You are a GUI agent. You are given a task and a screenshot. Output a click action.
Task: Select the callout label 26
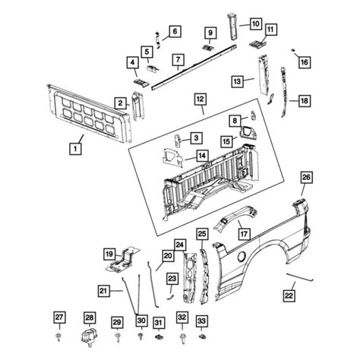pyautogui.click(x=305, y=178)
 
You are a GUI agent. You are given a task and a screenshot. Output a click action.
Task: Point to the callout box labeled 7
pyautogui.click(x=178, y=59)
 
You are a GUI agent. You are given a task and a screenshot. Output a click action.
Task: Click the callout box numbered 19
pyautogui.click(x=109, y=254)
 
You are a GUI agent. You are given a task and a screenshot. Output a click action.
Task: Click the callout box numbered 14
pyautogui.click(x=203, y=156)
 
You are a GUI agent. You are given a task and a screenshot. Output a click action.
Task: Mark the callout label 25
pyautogui.click(x=202, y=233)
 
